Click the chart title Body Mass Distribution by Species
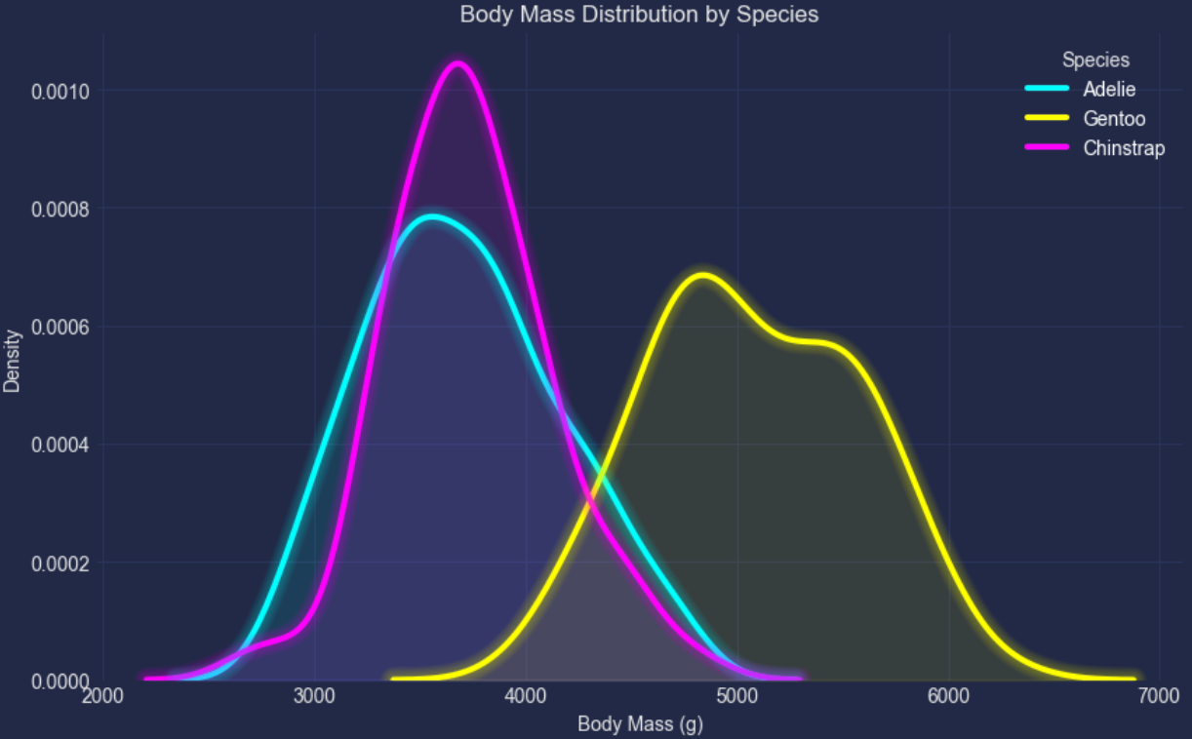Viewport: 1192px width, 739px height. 639,15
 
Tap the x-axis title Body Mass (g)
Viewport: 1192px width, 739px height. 640,724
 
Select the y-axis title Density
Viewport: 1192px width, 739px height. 12,361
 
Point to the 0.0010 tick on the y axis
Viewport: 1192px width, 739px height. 61,92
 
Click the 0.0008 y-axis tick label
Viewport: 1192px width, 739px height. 61,210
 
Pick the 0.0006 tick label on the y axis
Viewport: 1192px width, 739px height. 61,328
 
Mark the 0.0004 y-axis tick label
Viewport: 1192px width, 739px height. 61,446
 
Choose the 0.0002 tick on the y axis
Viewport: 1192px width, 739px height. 61,564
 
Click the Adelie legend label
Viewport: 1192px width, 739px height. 1109,90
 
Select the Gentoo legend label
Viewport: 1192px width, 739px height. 1114,119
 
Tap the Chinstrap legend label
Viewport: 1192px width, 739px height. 1124,149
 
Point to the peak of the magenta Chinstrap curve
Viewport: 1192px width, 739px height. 457,64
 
